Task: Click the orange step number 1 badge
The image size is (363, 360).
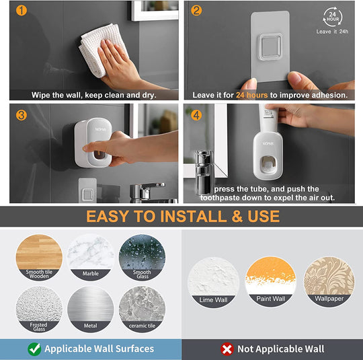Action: tap(22, 11)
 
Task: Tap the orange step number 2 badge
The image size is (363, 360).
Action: tap(196, 11)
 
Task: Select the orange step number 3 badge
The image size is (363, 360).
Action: tap(22, 115)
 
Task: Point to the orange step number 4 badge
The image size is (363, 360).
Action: tap(196, 115)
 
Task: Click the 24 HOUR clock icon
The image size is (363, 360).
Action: tap(333, 15)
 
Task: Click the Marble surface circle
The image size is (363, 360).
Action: tap(91, 256)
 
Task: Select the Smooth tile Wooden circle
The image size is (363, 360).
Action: tap(39, 256)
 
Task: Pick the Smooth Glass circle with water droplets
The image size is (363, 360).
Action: tap(142, 256)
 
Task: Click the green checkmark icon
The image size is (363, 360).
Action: tap(34, 349)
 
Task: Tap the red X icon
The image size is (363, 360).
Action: tap(227, 349)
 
